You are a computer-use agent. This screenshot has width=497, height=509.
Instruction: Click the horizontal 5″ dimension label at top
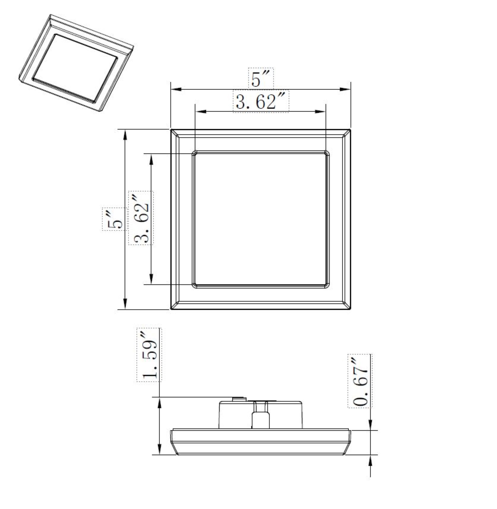[x=260, y=78]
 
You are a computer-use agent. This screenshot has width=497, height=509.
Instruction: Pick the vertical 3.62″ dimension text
[x=141, y=218]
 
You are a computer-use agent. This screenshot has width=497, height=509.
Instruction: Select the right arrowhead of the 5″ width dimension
[x=345, y=89]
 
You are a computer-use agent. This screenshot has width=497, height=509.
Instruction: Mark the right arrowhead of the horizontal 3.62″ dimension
[x=320, y=112]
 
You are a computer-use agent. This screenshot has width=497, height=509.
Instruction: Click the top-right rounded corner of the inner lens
[x=327, y=153]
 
